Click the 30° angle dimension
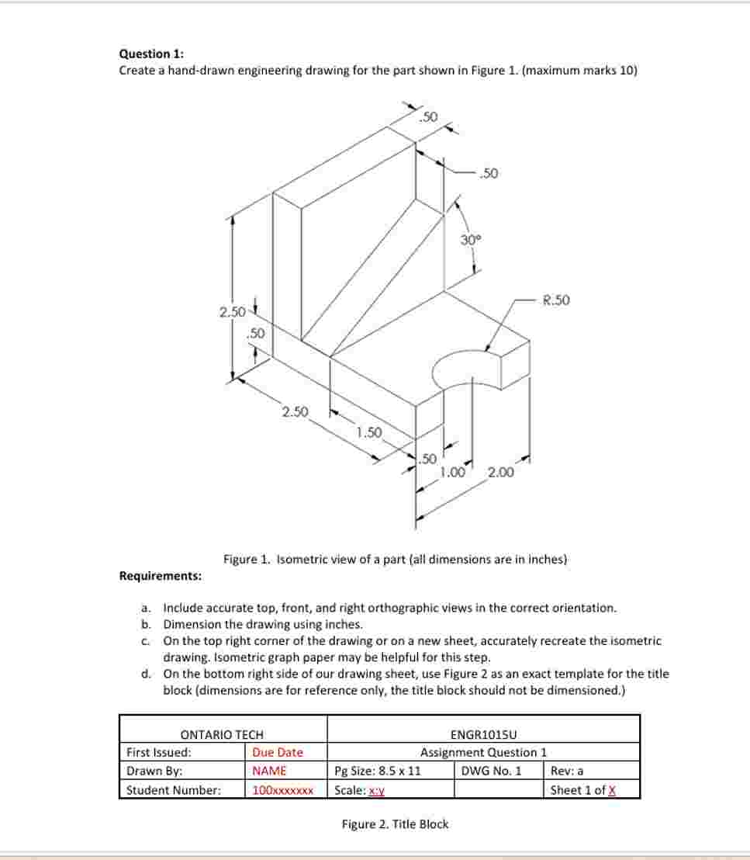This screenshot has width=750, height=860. click(471, 240)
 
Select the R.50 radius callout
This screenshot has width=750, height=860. click(555, 300)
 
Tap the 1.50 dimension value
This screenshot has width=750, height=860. click(369, 432)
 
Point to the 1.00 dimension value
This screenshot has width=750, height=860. click(452, 472)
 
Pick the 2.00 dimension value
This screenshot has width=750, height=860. click(500, 472)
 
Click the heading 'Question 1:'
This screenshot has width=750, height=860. click(151, 54)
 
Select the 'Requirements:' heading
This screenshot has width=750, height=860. click(161, 576)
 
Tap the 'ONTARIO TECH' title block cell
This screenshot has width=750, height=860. click(222, 734)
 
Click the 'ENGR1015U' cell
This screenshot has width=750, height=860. click(483, 734)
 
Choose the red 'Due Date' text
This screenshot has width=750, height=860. click(278, 752)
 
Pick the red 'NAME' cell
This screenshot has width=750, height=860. click(269, 771)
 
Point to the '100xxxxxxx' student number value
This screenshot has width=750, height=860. click(282, 790)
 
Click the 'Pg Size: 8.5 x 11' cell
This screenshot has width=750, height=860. click(378, 771)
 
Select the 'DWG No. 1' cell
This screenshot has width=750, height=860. click(491, 771)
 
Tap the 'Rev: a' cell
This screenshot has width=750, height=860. click(567, 771)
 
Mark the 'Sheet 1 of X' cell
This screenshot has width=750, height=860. click(582, 790)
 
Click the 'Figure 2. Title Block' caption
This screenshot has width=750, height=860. click(395, 824)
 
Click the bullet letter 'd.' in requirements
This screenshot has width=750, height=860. click(147, 674)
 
